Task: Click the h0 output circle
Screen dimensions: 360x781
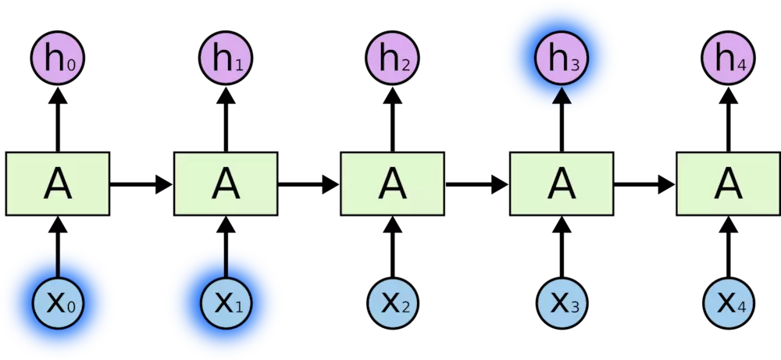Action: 58,59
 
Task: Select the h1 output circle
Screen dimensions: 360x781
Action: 226,59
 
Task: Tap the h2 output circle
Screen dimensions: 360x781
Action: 393,59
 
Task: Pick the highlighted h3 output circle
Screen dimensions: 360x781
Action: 561,59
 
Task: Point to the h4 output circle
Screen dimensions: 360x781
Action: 729,59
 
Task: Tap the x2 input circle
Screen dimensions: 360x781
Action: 393,303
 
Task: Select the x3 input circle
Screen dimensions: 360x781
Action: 561,303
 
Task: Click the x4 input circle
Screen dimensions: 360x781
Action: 729,303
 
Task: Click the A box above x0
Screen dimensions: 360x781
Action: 58,184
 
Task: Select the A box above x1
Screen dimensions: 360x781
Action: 226,184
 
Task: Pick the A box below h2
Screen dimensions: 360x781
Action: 393,184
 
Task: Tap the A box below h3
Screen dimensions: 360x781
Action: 561,184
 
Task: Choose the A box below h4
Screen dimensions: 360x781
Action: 729,184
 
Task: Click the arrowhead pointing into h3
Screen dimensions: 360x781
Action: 561,97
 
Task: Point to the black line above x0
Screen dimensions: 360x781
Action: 58,262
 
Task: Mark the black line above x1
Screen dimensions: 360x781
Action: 226,262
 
